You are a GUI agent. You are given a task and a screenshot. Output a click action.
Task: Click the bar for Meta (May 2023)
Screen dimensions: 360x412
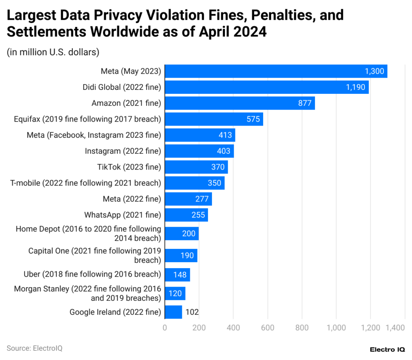[x=276, y=71]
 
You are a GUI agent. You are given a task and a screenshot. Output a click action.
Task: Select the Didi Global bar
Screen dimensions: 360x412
[x=267, y=87]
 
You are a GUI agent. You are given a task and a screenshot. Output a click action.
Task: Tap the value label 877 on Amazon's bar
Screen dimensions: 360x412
[x=305, y=103]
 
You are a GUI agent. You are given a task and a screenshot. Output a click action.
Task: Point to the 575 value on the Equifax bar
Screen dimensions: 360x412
[x=253, y=119]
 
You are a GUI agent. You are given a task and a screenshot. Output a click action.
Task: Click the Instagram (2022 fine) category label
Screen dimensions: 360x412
[x=123, y=151]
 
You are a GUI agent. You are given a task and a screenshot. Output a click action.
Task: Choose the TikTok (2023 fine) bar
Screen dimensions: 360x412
[x=196, y=167]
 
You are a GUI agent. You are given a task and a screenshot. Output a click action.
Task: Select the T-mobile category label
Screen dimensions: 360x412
[x=85, y=183]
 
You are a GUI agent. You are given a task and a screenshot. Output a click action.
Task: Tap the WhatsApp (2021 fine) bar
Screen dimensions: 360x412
[x=186, y=215]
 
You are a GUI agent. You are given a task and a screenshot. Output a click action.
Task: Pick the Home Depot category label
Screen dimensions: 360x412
[x=89, y=234]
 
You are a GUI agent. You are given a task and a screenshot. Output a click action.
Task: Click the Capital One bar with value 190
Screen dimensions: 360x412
[x=181, y=256]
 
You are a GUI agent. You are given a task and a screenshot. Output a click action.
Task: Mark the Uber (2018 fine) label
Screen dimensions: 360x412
[x=92, y=275]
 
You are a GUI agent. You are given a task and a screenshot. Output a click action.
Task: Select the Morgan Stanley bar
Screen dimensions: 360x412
[x=175, y=294]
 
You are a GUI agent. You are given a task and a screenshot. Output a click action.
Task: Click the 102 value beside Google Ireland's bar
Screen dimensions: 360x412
[x=192, y=312]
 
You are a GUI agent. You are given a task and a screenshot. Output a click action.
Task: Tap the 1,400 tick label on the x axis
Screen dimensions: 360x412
[x=395, y=328]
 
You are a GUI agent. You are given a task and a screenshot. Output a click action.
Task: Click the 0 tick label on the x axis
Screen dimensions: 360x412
[x=165, y=328]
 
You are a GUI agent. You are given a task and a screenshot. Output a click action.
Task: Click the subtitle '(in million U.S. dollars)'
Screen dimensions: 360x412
[x=53, y=52]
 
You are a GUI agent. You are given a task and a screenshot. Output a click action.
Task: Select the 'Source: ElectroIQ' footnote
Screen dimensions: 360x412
[x=35, y=348]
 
